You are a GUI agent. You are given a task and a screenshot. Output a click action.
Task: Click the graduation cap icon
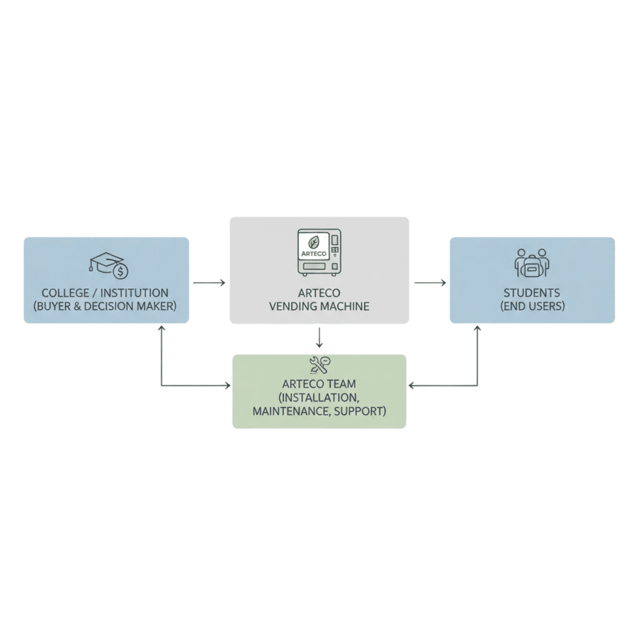[105, 263]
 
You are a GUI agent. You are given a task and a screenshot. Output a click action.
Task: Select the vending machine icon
[319, 252]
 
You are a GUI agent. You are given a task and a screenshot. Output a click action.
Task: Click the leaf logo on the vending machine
[314, 242]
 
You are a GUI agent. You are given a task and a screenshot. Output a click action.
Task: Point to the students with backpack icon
[532, 263]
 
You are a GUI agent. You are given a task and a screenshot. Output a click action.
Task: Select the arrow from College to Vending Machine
[209, 283]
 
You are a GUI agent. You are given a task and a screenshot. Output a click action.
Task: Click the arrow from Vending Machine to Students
[430, 283]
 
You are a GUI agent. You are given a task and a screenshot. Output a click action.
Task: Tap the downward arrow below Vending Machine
[319, 338]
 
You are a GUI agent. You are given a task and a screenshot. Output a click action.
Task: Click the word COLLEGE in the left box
[65, 293]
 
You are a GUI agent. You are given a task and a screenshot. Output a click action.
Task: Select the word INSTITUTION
[134, 293]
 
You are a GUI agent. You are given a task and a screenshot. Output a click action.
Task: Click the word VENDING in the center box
[291, 306]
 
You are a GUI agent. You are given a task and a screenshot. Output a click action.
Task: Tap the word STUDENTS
[532, 293]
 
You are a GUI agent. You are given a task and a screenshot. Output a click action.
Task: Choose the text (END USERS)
[532, 306]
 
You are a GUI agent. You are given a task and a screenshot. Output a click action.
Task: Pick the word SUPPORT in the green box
[360, 411]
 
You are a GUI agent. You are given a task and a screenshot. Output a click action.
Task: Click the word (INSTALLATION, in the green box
[319, 398]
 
